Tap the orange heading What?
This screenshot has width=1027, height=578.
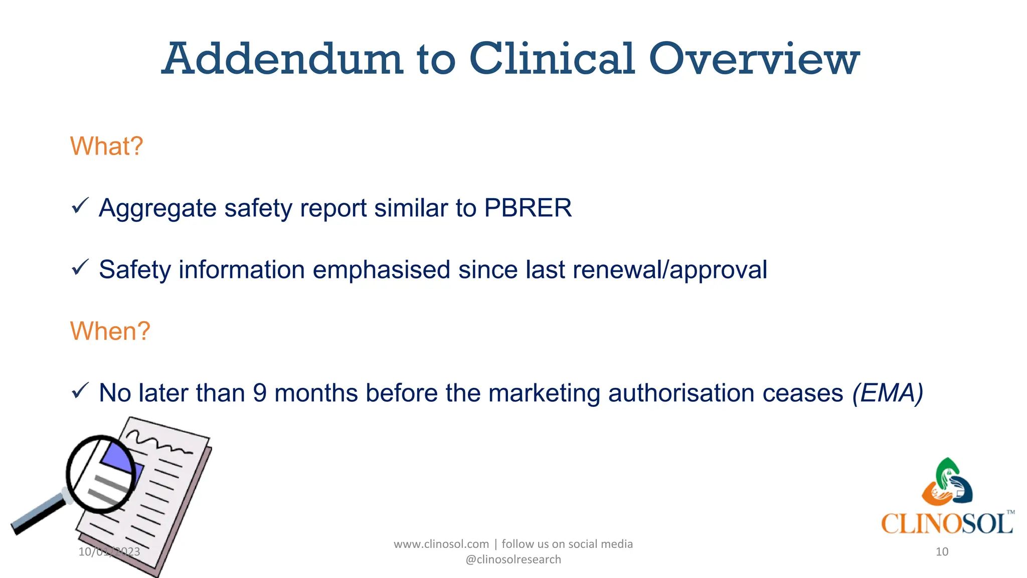coord(106,147)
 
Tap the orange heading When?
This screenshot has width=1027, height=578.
coord(110,331)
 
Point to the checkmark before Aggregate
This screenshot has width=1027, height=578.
coord(80,206)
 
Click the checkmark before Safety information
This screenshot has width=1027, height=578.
coord(80,267)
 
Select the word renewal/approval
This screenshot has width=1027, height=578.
coord(669,270)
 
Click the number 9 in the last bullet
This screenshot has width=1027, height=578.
coord(260,393)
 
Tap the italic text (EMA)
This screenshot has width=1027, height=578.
coord(888,393)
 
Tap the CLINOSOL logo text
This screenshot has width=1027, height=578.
coord(946,524)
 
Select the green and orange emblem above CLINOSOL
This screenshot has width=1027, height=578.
coord(947,482)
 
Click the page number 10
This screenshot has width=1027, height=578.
coord(942,552)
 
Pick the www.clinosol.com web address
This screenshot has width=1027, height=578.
coord(441,544)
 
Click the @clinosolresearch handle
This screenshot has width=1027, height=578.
coord(513,559)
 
